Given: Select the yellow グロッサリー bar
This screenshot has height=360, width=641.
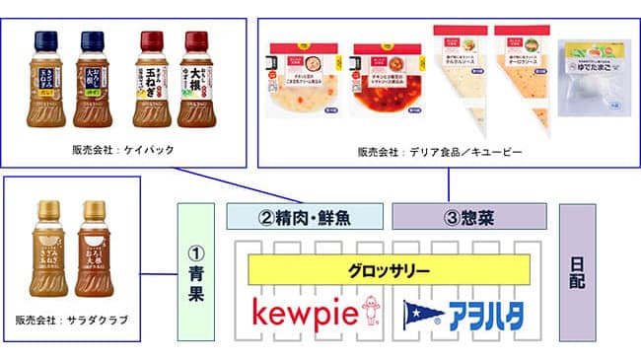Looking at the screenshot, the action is [390, 269].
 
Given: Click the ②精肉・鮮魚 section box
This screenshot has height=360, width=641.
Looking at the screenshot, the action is [305, 216].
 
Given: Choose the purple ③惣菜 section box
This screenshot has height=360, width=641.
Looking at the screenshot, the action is [469, 216].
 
